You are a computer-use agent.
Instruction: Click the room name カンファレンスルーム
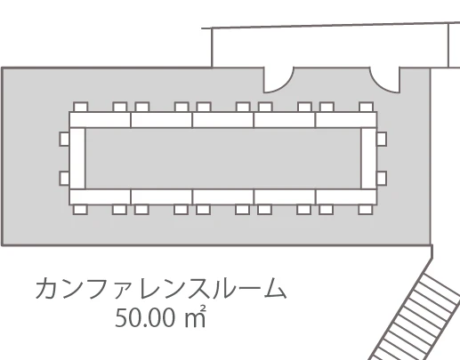(161, 288)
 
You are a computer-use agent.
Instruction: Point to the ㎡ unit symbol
(195, 316)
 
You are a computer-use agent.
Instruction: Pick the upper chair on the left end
(64, 140)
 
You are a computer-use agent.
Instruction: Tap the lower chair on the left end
(64, 179)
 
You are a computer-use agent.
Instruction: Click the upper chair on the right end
(382, 140)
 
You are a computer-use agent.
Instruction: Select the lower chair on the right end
(382, 179)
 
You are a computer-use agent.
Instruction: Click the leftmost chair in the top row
(80, 107)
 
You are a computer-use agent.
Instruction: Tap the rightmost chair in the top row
(366, 107)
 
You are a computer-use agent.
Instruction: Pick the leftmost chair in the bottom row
(80, 210)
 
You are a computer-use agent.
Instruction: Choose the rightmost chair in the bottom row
(366, 210)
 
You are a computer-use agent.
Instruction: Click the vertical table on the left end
(77, 158)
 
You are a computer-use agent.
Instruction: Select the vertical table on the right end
(369, 158)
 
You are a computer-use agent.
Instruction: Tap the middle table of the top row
(223, 120)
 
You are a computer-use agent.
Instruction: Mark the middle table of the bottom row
(223, 197)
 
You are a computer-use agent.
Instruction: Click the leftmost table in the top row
(100, 120)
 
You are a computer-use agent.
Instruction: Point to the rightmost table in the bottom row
(346, 197)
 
